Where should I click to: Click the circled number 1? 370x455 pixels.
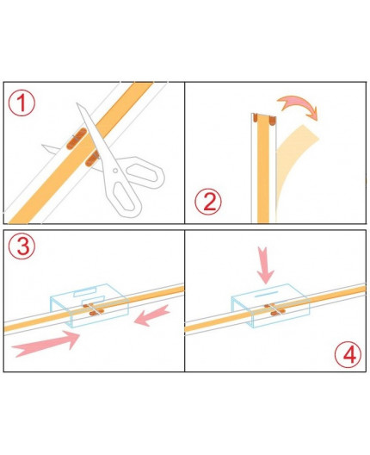[23, 104]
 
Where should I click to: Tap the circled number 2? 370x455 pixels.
[207, 203]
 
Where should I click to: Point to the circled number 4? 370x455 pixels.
[347, 353]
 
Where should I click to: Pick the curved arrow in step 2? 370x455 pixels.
[298, 106]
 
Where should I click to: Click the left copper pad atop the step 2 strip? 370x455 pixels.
[256, 119]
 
